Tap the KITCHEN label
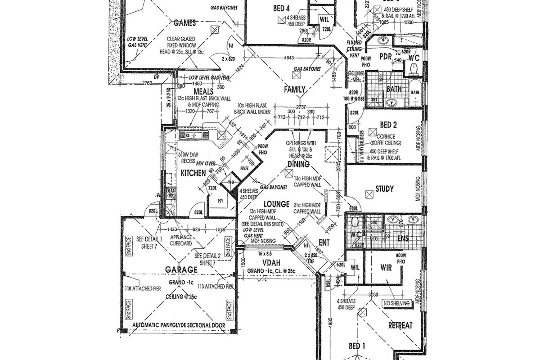pos(193,173)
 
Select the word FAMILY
pos(295,89)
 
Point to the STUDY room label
pos(385,189)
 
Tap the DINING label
pos(298,164)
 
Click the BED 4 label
pos(281,8)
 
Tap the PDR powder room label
pos(386,57)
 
